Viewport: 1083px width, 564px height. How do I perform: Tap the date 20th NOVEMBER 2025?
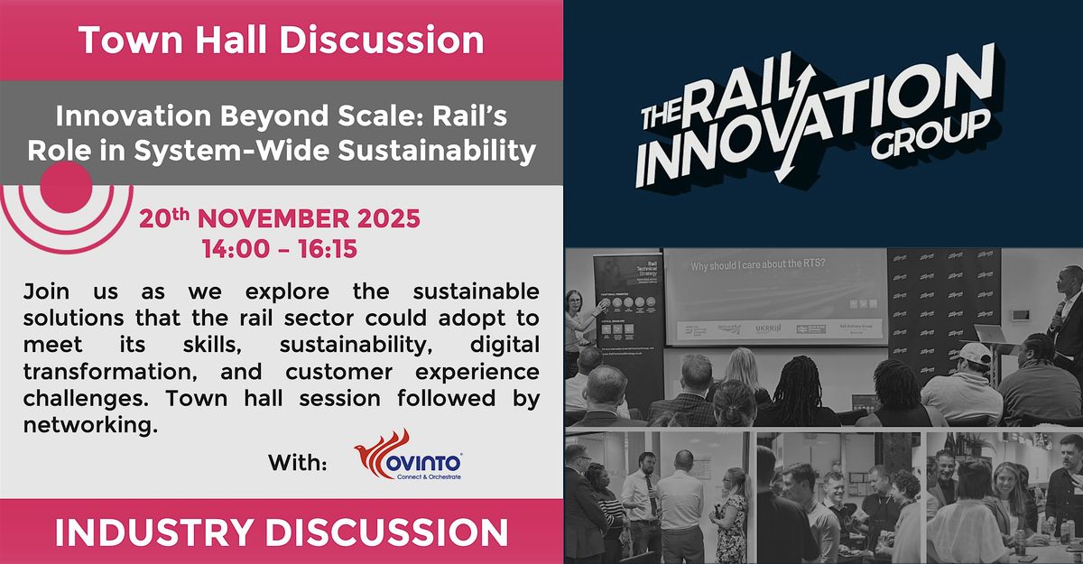click(x=279, y=219)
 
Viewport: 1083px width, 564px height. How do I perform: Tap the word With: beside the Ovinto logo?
click(x=297, y=463)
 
